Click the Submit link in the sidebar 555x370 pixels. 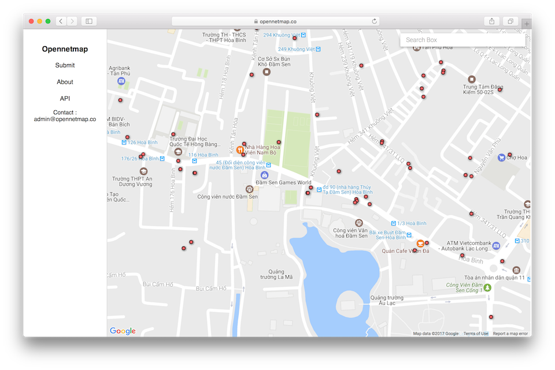coord(65,65)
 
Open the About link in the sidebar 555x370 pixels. coord(65,82)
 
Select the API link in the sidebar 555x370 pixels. coord(65,99)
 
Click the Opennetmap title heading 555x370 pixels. coord(65,49)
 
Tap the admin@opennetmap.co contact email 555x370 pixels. coord(65,119)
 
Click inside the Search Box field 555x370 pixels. coord(462,40)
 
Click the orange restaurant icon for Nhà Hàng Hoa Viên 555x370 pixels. coord(240,149)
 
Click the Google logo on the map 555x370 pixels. coord(123,331)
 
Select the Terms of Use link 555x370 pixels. coord(476,334)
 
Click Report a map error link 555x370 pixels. coord(510,334)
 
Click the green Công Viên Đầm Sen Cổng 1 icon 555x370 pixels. coord(487,287)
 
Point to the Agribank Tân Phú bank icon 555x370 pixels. coord(121,81)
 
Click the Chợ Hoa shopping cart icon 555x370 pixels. coord(501,157)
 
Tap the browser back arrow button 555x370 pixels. coord(61,21)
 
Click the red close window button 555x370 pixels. coord(31,21)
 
